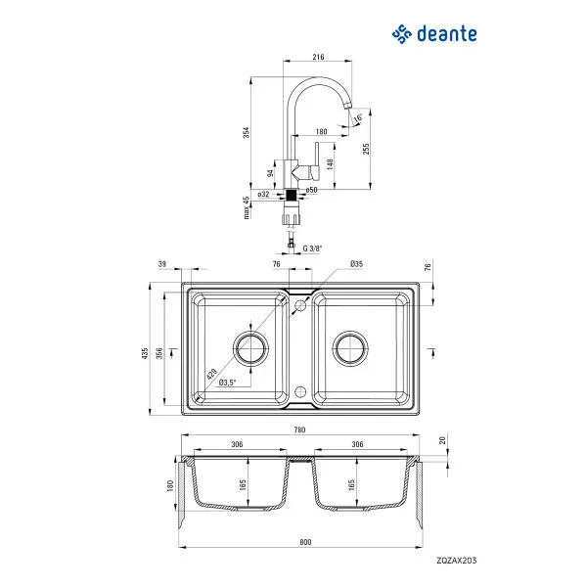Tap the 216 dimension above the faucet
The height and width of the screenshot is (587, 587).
[x=318, y=58]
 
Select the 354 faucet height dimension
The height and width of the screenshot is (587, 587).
[x=248, y=132]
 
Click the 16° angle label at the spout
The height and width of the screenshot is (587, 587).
[x=358, y=117]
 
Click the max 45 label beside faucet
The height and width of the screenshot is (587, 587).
[x=248, y=207]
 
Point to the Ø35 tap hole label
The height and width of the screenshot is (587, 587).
[x=356, y=264]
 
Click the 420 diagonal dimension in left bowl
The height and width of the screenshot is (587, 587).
[x=211, y=373]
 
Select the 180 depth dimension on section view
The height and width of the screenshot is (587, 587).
[x=168, y=486]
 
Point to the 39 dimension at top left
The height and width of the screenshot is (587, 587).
[x=161, y=264]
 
